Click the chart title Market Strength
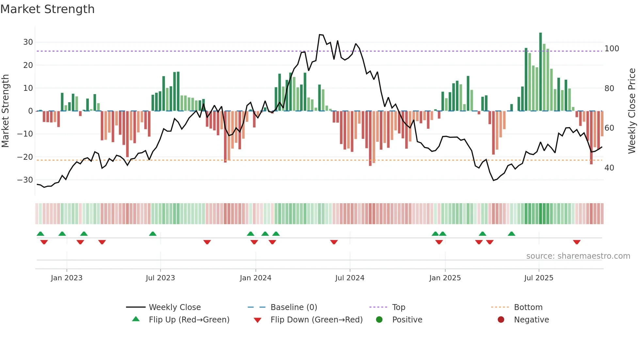coord(47,9)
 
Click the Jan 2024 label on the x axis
coord(255,278)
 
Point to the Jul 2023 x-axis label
coord(160,278)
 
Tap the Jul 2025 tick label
coord(539,278)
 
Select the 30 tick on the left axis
coord(28,42)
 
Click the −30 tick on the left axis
coord(25,180)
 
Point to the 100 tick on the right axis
coord(612,49)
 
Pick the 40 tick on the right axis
coord(609,168)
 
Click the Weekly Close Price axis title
coord(632,111)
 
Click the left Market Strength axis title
coord(5,111)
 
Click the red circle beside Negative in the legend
coord(501,319)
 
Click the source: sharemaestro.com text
coord(578,256)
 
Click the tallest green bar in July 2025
coord(540,72)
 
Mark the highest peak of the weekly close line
coord(320,34)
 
